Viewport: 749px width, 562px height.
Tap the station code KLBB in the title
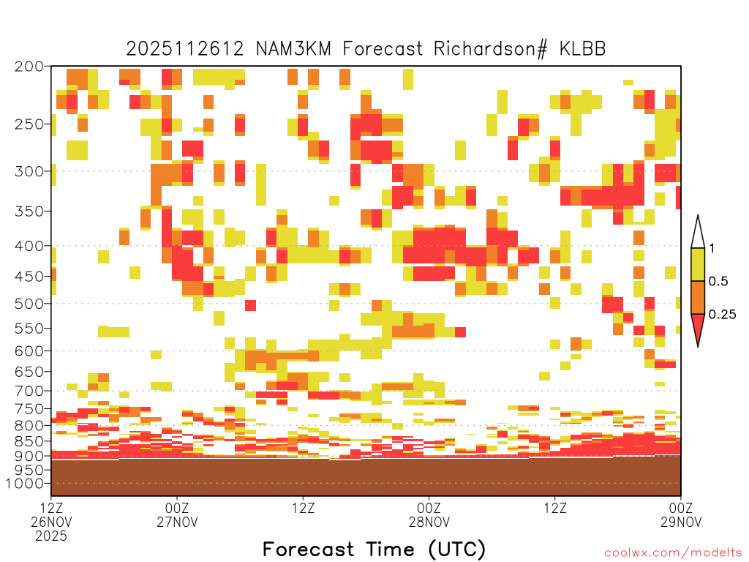pyautogui.click(x=583, y=49)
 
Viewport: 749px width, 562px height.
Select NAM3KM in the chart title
pyautogui.click(x=293, y=49)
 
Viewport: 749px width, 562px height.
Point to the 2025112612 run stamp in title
pyautogui.click(x=185, y=49)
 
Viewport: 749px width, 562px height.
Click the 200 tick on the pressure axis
pyautogui.click(x=29, y=67)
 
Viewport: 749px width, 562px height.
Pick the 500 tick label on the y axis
pyautogui.click(x=29, y=304)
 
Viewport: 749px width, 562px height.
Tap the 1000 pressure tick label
pyautogui.click(x=25, y=483)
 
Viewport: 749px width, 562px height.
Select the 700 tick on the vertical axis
pyautogui.click(x=29, y=391)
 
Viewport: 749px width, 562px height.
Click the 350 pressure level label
pyautogui.click(x=29, y=211)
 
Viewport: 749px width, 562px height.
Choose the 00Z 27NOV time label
pyautogui.click(x=177, y=514)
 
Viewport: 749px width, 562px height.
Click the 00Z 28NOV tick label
pyautogui.click(x=429, y=514)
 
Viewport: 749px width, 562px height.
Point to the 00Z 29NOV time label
pyautogui.click(x=681, y=514)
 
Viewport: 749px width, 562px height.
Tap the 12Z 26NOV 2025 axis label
pyautogui.click(x=51, y=522)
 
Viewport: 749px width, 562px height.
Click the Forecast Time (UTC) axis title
pyautogui.click(x=374, y=549)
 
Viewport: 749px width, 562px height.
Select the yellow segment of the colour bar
pyautogui.click(x=698, y=264)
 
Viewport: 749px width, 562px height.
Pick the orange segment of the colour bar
pyautogui.click(x=698, y=297)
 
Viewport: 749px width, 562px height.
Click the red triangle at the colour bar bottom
pyautogui.click(x=698, y=327)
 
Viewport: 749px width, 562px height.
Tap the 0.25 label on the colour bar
pyautogui.click(x=722, y=315)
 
